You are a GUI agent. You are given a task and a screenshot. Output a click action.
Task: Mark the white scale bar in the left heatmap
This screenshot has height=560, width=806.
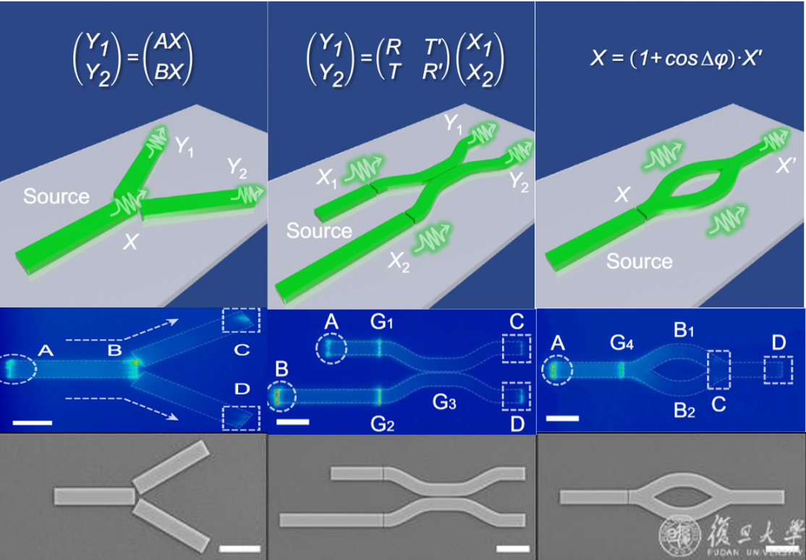(32, 421)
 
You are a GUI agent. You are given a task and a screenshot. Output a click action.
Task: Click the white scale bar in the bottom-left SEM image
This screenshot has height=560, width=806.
(239, 548)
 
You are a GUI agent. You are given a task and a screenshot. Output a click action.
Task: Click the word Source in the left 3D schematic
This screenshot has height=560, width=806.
(56, 196)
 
